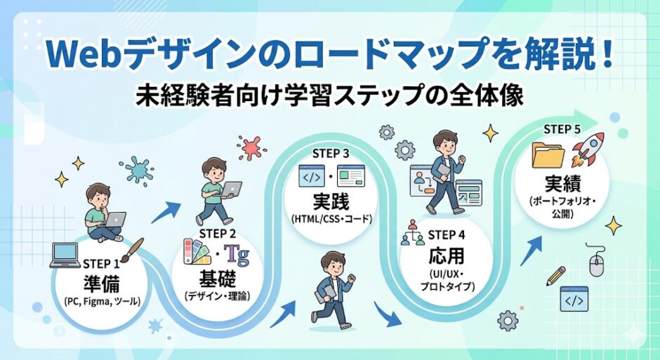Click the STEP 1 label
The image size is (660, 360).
pyautogui.click(x=102, y=264)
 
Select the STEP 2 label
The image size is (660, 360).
pyautogui.click(x=218, y=232)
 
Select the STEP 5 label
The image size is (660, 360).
pyautogui.click(x=562, y=129)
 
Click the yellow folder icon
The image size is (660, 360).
pyautogui.click(x=547, y=155)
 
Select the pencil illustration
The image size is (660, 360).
pyautogui.click(x=556, y=274)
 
